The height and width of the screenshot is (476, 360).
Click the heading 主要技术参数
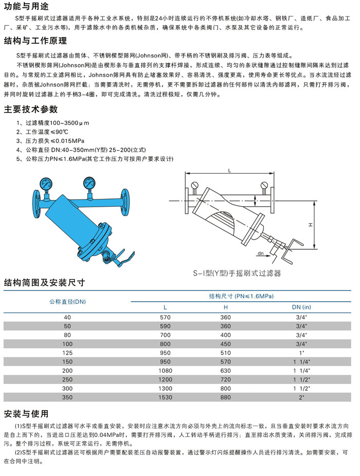click(31, 109)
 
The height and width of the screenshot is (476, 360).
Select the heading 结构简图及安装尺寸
click(44, 282)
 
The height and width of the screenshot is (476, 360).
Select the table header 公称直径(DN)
click(67, 301)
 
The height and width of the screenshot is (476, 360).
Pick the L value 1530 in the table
click(165, 397)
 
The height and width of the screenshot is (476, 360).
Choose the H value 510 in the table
click(225, 353)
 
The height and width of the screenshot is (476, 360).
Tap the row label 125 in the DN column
click(67, 353)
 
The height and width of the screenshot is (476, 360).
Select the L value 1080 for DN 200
click(165, 371)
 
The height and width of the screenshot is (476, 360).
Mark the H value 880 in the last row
click(225, 397)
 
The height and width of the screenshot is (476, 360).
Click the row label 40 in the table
click(67, 318)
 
